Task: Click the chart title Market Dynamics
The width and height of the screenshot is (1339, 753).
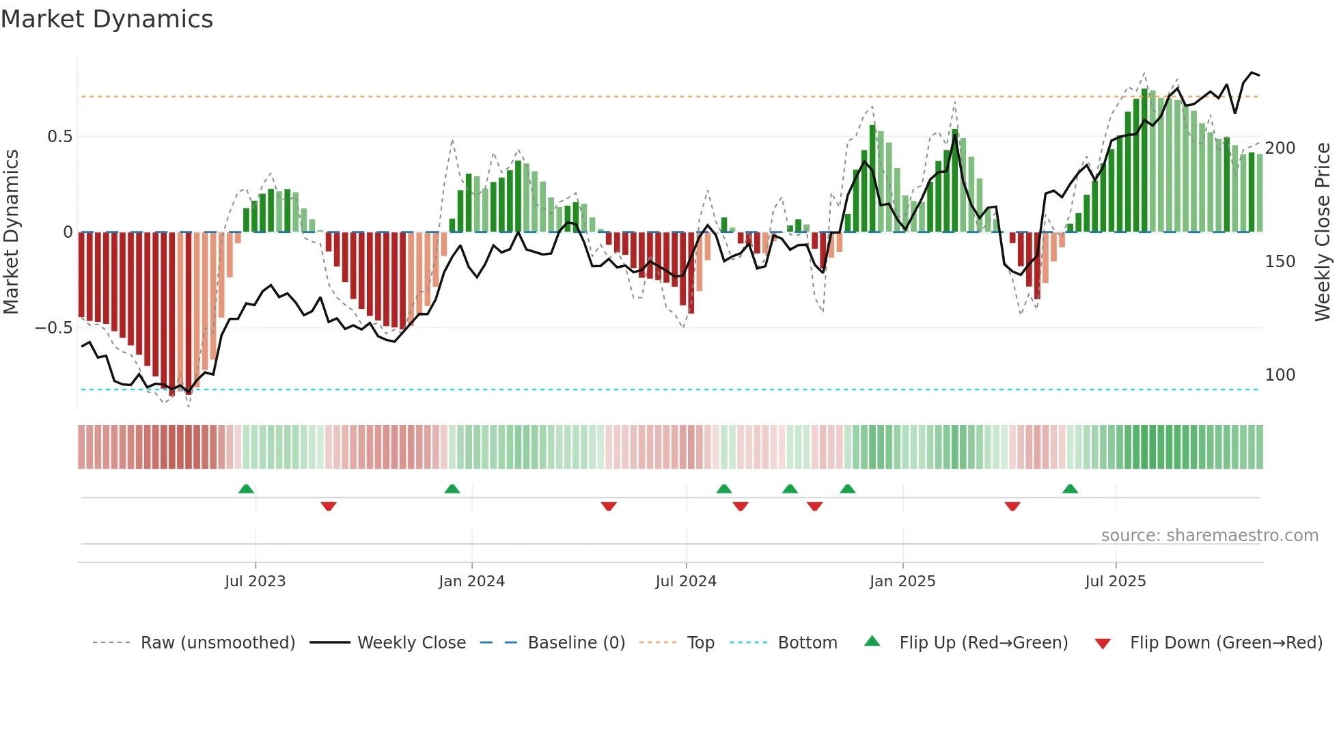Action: point(107,19)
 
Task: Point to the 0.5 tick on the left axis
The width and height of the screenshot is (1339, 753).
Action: point(59,137)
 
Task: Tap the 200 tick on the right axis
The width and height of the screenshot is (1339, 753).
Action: point(1280,148)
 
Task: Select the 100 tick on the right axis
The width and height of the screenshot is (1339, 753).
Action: point(1280,375)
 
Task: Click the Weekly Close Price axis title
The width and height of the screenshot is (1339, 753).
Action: point(1323,232)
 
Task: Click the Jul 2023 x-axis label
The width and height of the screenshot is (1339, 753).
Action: point(255,581)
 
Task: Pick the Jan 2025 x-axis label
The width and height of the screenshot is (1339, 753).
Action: point(902,581)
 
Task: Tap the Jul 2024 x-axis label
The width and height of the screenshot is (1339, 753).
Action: point(685,581)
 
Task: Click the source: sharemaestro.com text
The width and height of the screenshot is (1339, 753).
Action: point(1209,536)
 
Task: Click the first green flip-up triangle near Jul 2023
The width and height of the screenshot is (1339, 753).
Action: point(246,489)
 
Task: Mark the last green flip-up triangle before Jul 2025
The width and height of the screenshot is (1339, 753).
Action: point(1070,489)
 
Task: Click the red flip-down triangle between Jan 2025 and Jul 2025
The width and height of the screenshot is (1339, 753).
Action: point(1012,506)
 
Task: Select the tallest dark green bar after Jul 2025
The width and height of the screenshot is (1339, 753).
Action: point(1144,161)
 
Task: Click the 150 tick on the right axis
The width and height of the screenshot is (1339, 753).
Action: point(1280,262)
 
